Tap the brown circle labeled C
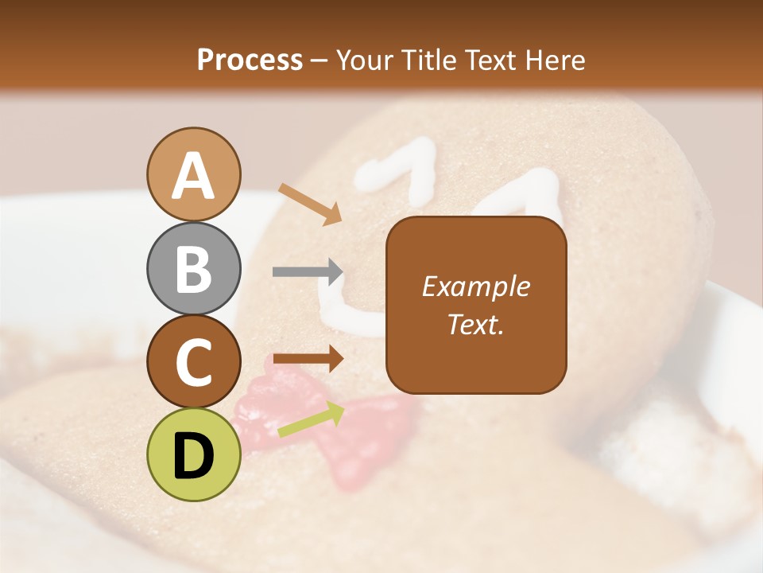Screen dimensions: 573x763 point(194,361)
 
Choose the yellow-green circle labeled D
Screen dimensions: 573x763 point(194,454)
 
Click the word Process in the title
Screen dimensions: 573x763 point(250,60)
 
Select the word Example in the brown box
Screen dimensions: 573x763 point(475,286)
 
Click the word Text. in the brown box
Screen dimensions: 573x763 point(475,325)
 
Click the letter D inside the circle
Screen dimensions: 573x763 point(194,456)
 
